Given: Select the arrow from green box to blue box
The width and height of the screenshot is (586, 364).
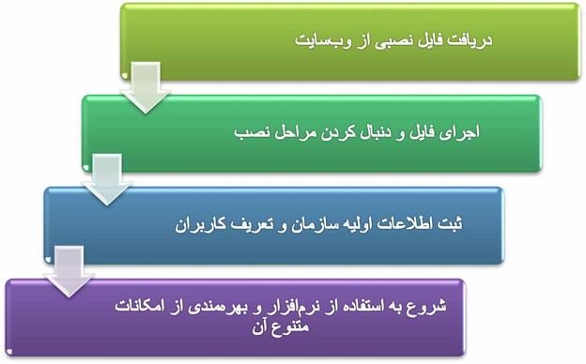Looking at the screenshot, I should click(x=108, y=182).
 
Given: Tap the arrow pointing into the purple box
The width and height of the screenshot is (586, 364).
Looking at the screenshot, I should click(x=70, y=272).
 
